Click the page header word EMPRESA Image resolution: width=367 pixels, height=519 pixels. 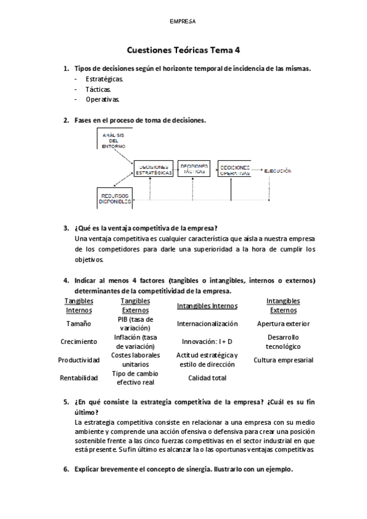[183, 21]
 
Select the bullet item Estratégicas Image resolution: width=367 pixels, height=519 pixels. [104, 79]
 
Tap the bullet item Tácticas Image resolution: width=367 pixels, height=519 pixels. [99, 89]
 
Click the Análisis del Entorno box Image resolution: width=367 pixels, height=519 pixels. [114, 140]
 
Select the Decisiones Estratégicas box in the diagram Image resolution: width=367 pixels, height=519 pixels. [153, 170]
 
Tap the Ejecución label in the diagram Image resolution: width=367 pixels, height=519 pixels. [278, 170]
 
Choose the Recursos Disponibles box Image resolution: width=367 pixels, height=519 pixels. [115, 198]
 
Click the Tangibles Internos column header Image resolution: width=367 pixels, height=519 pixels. [79, 305]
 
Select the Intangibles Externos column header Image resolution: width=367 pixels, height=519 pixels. [283, 305]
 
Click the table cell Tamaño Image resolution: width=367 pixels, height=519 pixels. [78, 323]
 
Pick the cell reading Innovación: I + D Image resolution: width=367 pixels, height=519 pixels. [207, 342]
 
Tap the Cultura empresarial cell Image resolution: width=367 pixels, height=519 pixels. [283, 360]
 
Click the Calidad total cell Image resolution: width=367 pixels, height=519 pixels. [207, 378]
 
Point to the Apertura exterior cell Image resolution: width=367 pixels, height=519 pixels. [283, 323]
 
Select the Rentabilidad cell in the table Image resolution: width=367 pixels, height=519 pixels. [78, 378]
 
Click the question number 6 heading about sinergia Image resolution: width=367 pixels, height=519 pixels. [183, 469]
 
